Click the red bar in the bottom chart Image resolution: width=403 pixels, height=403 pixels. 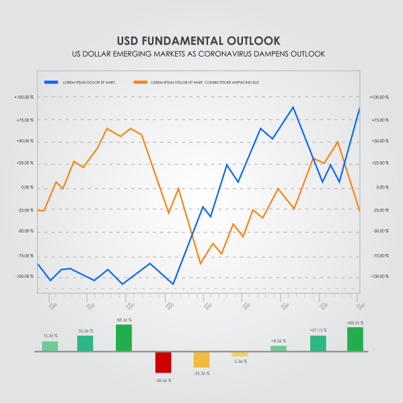click(163, 362)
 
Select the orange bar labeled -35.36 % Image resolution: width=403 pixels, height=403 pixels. click(201, 360)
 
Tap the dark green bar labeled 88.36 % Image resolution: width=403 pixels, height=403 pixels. click(124, 337)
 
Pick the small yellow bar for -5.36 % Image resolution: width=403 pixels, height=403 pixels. click(240, 354)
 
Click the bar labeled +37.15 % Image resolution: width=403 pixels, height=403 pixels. click(318, 343)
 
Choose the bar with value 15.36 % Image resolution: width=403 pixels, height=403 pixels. click(50, 346)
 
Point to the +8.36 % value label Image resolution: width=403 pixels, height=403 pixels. click(279, 340)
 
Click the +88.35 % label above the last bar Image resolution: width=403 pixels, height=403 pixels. click(355, 323)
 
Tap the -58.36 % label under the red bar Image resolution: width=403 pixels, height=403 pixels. click(163, 380)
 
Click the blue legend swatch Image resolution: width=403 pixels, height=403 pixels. click(51, 82)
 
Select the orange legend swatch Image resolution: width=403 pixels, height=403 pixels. click(140, 82)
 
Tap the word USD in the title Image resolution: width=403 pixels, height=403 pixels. click(128, 40)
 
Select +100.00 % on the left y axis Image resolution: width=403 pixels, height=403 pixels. click(24, 97)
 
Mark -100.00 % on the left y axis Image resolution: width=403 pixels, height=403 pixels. click(24, 276)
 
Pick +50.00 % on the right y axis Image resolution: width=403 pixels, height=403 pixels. click(379, 141)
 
